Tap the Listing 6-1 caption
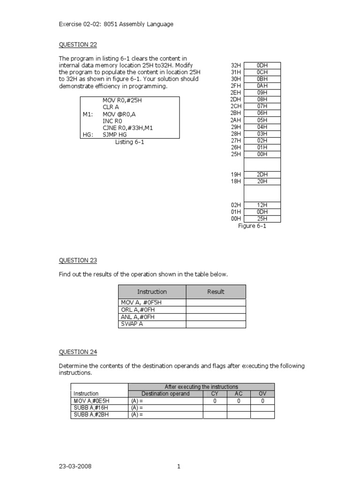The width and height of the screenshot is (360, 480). pos(130,142)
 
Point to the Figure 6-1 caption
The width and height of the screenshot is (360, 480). pos(253,226)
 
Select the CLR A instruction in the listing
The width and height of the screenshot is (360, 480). pos(111,107)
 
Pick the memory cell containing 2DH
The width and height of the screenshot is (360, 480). pos(262,174)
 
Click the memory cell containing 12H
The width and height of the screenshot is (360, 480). pos(262,205)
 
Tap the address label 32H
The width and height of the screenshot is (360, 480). pos(236,66)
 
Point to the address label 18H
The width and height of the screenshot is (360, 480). pos(236,181)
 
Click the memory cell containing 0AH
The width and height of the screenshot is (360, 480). pos(262,86)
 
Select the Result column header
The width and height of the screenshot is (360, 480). pos(216,292)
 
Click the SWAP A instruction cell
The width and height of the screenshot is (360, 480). pos(153,324)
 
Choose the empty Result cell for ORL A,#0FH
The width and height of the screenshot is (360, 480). pos(216,309)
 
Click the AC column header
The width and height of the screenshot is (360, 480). pos(239,394)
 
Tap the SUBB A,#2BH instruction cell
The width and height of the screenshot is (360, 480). pos(99,415)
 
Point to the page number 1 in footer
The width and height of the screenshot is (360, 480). pos(179,466)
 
